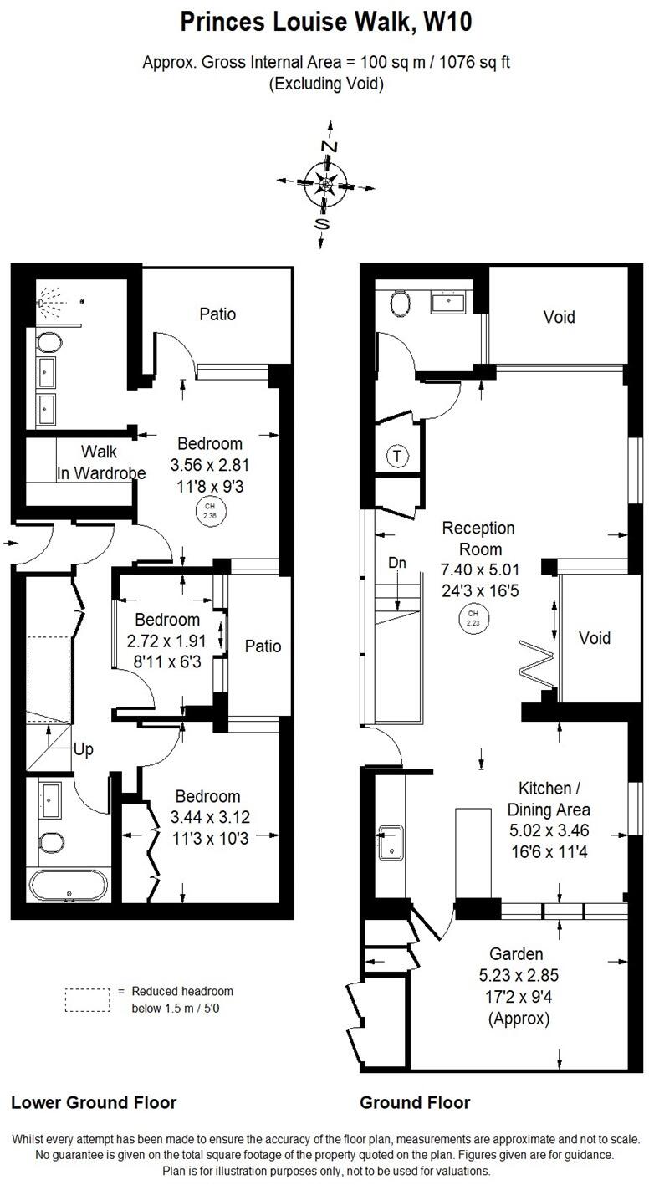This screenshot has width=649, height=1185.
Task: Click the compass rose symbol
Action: [324, 181]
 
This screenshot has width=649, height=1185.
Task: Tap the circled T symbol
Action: [397, 456]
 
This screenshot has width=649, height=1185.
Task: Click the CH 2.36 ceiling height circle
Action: [208, 510]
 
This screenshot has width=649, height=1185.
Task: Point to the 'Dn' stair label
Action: [397, 563]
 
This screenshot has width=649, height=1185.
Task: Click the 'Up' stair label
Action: [83, 749]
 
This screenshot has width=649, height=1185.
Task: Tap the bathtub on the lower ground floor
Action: [68, 886]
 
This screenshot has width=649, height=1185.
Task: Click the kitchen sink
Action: [391, 842]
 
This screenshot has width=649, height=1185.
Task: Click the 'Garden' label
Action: [516, 953]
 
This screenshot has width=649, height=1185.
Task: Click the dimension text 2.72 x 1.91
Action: [167, 641]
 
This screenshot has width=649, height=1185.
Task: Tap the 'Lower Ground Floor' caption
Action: [94, 1102]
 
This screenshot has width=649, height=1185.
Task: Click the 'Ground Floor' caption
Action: [415, 1102]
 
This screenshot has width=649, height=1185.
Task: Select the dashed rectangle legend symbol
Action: [88, 999]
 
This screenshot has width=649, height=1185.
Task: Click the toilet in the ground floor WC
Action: [400, 303]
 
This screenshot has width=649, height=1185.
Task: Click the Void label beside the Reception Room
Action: [595, 638]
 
